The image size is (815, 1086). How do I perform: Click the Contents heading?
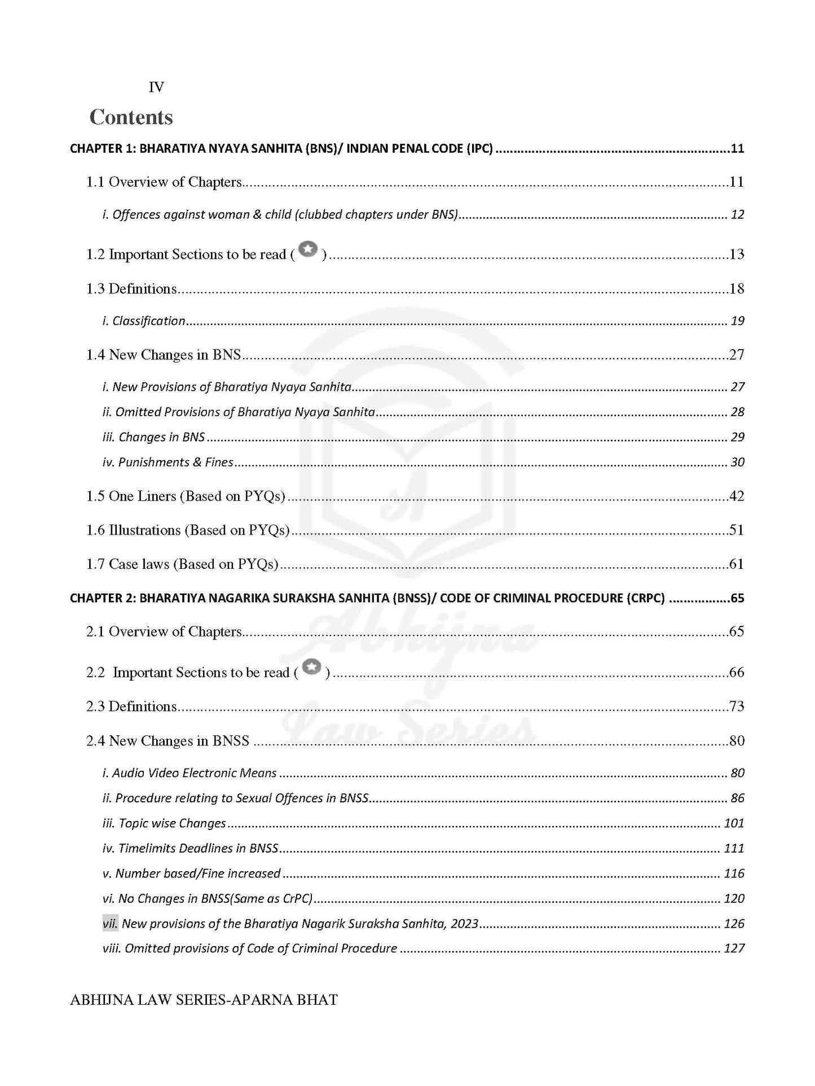point(131,117)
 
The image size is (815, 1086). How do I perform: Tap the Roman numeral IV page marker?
point(156,87)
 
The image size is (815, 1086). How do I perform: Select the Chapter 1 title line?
point(281,149)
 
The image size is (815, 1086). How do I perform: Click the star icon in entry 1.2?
point(308,249)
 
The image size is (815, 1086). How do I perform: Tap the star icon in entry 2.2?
point(312,667)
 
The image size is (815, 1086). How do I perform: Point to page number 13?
point(737,254)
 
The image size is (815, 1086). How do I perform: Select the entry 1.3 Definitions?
point(131,289)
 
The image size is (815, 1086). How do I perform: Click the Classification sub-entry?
point(144,321)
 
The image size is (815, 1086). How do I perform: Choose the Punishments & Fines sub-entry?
point(168,462)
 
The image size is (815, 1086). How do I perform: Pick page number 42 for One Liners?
point(737,496)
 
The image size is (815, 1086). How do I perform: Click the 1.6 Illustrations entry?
point(188,530)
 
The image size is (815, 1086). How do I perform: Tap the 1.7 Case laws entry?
point(182,564)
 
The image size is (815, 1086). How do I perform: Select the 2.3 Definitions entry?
point(131,707)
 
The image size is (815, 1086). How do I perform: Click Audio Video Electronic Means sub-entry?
point(190,773)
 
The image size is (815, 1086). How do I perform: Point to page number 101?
point(734,823)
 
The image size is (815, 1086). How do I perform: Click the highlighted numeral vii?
point(110,924)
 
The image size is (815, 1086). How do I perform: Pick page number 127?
point(734,948)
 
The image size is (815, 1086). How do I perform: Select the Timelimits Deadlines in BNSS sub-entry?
point(191,849)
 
